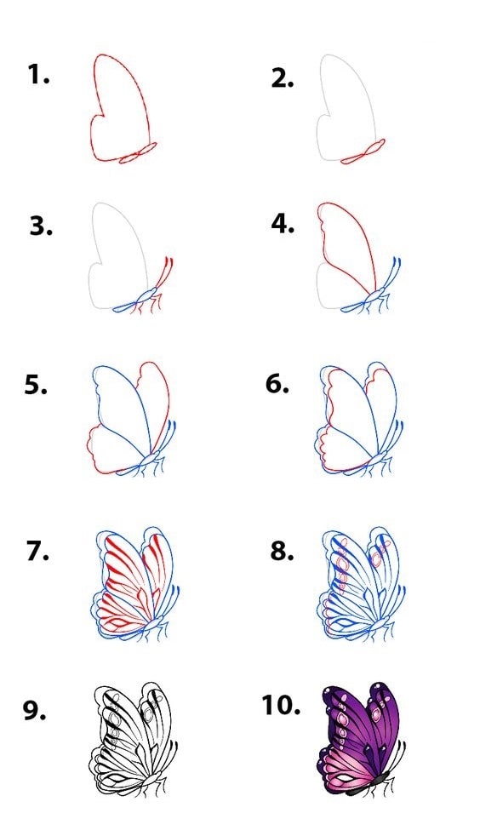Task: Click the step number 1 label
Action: coord(38,75)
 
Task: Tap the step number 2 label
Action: coord(283,78)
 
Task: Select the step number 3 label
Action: coord(41,226)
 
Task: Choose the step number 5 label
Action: coord(36,385)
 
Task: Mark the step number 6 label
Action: coord(277,384)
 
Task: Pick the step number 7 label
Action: coord(37,551)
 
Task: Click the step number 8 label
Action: coord(282,551)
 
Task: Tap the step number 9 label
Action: coord(34,710)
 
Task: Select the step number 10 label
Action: coord(281,705)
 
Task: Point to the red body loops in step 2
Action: coord(363,152)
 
